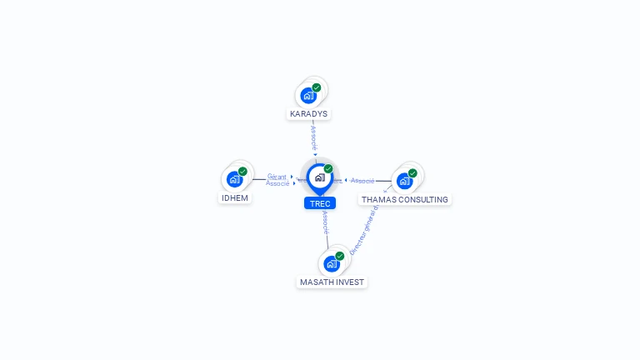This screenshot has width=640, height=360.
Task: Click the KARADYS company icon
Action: pyautogui.click(x=309, y=95)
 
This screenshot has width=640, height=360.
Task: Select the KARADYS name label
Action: pyautogui.click(x=309, y=113)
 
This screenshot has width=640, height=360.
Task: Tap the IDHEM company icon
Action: pyautogui.click(x=235, y=179)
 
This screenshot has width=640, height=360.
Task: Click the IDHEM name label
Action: pyautogui.click(x=235, y=198)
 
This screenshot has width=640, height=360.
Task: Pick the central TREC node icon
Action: pyautogui.click(x=320, y=177)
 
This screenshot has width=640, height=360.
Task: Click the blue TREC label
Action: pyautogui.click(x=320, y=203)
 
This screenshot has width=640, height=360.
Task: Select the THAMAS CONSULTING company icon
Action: pyautogui.click(x=405, y=180)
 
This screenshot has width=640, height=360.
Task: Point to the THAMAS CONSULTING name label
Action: pyautogui.click(x=405, y=200)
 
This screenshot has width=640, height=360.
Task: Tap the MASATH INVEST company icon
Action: pyautogui.click(x=332, y=264)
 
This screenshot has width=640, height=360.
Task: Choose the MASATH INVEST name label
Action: pyautogui.click(x=332, y=282)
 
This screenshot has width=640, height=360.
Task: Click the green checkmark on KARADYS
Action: pyautogui.click(x=317, y=87)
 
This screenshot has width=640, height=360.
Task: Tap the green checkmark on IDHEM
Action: pyautogui.click(x=242, y=172)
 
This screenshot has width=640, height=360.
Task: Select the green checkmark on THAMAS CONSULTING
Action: pyautogui.click(x=412, y=173)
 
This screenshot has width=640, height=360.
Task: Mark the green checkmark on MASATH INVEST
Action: pyautogui.click(x=340, y=257)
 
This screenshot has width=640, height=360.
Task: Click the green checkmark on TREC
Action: pyautogui.click(x=328, y=169)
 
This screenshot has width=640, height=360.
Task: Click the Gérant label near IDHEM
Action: pyautogui.click(x=277, y=177)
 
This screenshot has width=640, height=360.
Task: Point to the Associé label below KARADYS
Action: pyautogui.click(x=313, y=137)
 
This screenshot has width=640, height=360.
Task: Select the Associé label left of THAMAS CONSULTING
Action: pyautogui.click(x=362, y=181)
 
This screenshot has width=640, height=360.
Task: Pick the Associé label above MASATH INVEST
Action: pyautogui.click(x=326, y=222)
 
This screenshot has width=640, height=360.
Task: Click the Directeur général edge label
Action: pyautogui.click(x=364, y=230)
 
